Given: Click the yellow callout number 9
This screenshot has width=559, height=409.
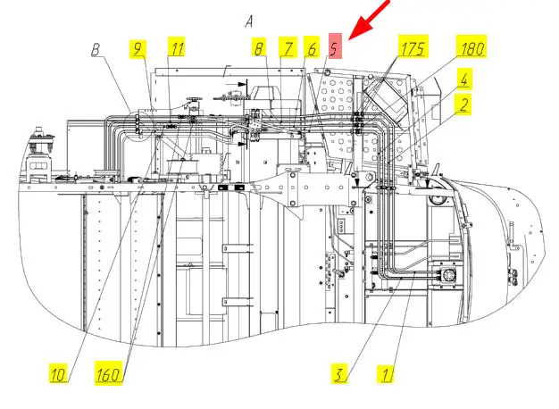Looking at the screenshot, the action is [x=138, y=49].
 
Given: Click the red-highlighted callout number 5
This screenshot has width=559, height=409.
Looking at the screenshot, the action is [x=334, y=46].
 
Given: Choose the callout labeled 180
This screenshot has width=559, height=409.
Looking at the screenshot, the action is [x=471, y=46].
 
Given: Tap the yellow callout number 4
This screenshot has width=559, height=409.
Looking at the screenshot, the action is [x=463, y=79].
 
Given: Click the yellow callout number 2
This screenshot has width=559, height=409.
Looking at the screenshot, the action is [x=463, y=104].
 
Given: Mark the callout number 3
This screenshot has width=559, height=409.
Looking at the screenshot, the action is [x=338, y=373].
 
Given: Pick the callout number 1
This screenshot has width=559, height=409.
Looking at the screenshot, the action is [x=386, y=374].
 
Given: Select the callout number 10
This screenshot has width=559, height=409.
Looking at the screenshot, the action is [x=59, y=373].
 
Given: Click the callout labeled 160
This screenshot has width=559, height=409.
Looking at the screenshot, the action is [x=109, y=373].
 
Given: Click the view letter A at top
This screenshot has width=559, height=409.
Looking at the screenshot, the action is [x=249, y=21].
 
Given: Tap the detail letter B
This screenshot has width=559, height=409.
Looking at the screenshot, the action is [x=96, y=50].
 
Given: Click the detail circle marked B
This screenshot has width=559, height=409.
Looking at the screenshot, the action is [x=138, y=112].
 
